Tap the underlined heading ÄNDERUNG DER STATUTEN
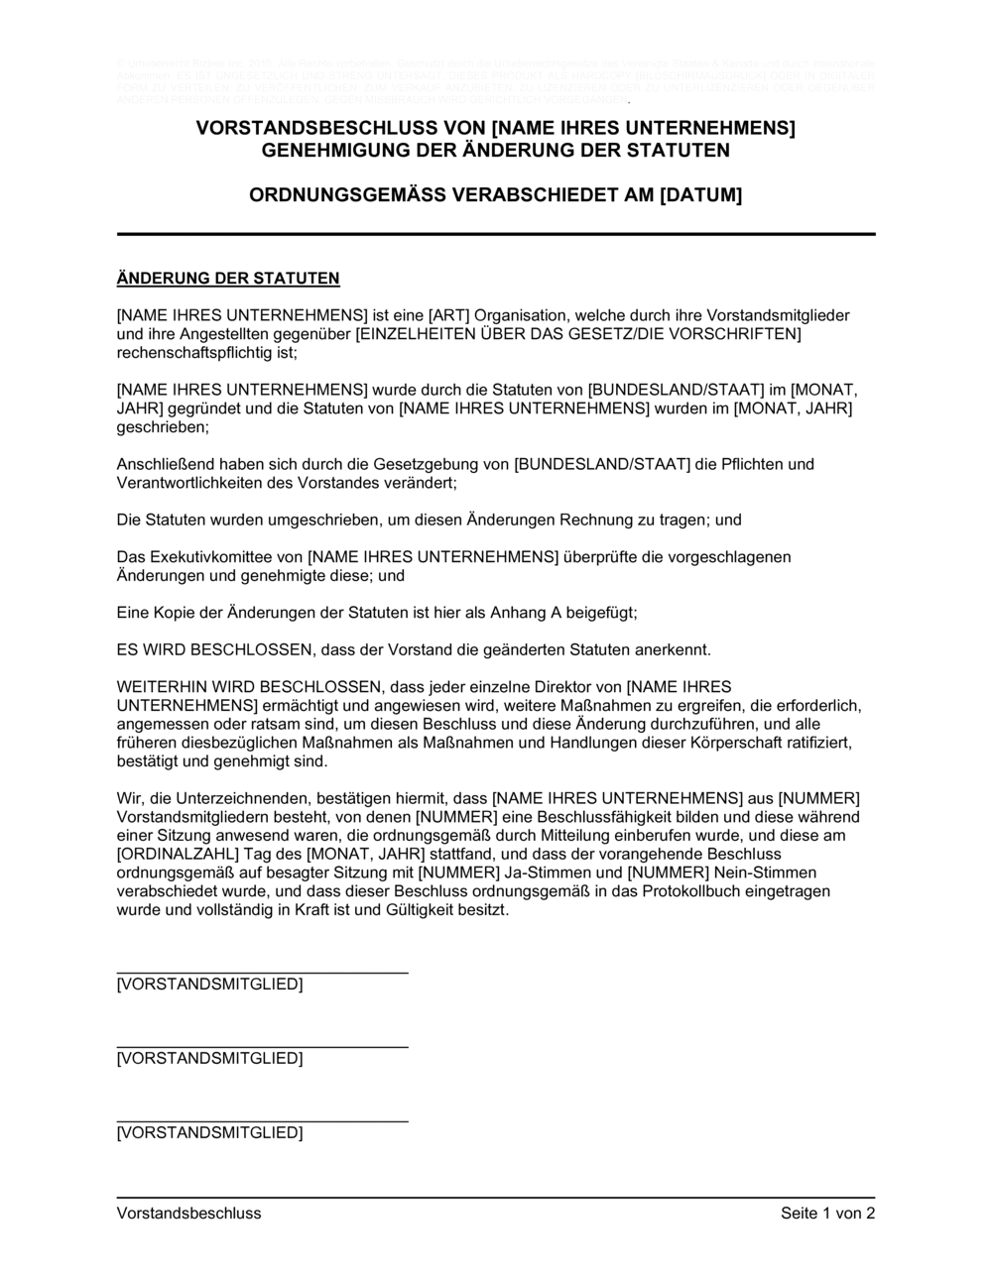click(x=228, y=278)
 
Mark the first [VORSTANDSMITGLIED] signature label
click(x=209, y=985)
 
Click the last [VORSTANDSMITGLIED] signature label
click(x=209, y=1132)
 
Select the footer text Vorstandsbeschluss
click(x=188, y=1213)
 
